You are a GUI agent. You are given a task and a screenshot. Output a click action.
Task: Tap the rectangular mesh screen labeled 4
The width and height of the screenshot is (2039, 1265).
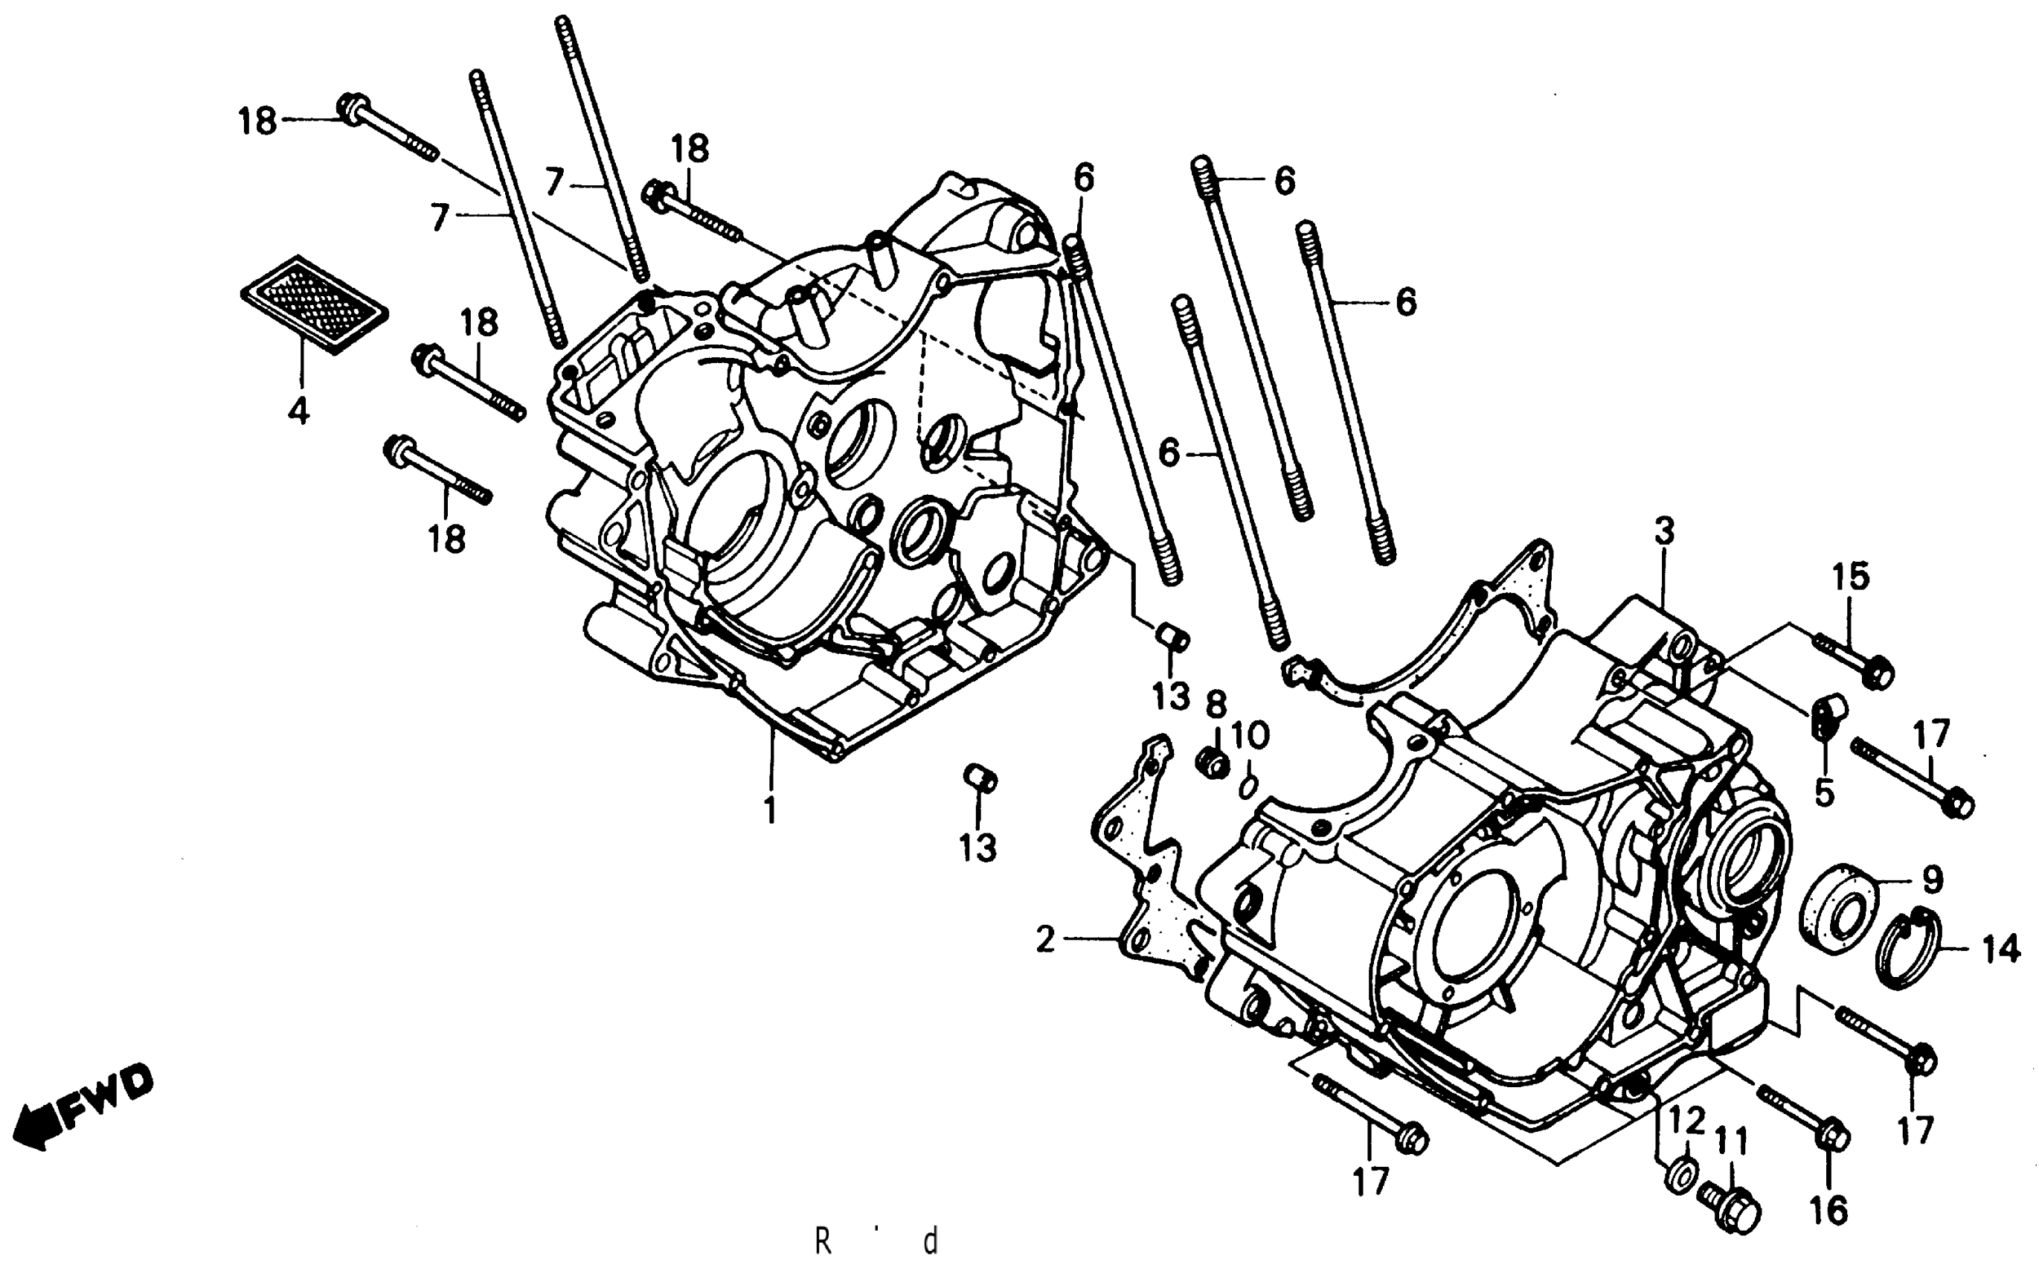pyautogui.click(x=314, y=305)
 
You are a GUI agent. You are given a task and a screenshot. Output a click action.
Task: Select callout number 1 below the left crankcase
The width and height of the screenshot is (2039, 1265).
pyautogui.click(x=770, y=810)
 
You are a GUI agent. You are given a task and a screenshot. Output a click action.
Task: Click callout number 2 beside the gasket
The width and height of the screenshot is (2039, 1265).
pyautogui.click(x=1045, y=940)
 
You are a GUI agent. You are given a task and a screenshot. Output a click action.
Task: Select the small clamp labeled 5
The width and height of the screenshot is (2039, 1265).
pyautogui.click(x=1824, y=716)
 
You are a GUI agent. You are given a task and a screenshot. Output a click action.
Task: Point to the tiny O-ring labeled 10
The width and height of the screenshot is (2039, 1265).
pyautogui.click(x=1247, y=785)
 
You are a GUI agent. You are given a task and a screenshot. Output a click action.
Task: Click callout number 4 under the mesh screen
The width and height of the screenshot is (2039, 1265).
pyautogui.click(x=298, y=410)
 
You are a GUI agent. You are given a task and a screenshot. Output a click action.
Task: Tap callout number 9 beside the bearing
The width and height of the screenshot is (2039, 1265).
pyautogui.click(x=1932, y=880)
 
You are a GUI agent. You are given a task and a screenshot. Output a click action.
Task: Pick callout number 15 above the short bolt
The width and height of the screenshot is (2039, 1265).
pyautogui.click(x=1851, y=577)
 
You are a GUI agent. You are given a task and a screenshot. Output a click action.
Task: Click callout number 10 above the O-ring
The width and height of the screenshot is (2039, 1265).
pyautogui.click(x=1250, y=736)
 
